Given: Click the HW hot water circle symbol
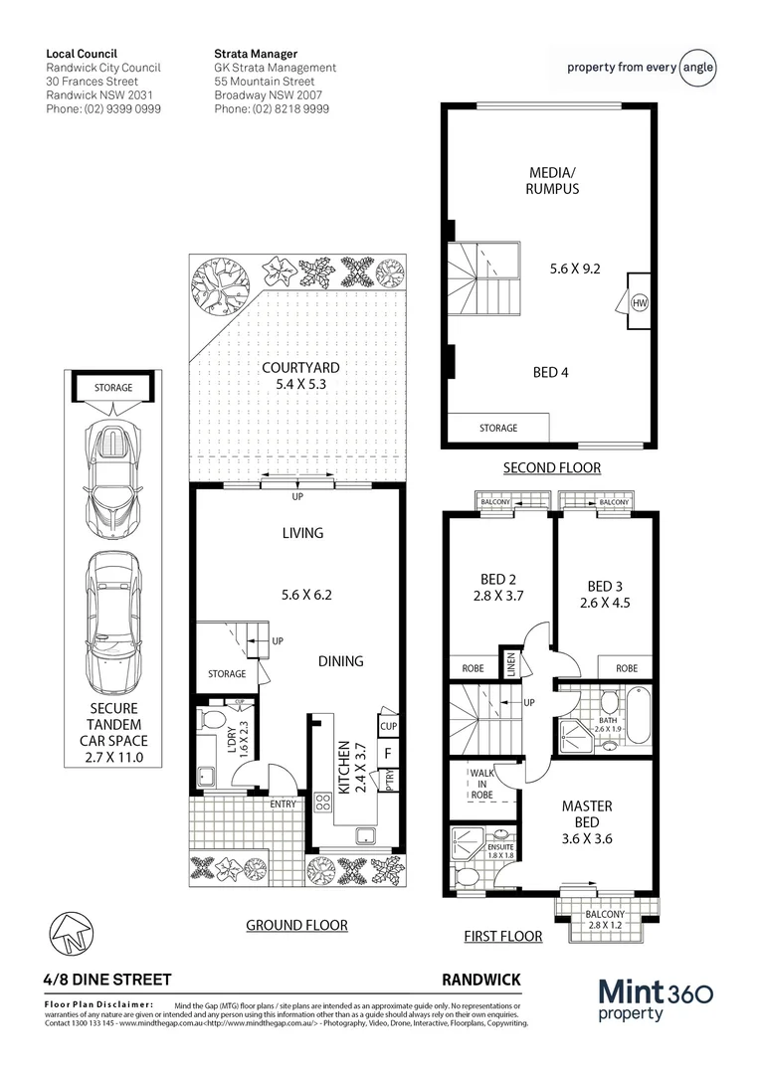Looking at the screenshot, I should click(x=639, y=302).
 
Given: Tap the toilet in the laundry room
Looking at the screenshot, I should click(x=213, y=718).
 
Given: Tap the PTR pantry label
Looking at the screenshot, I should click(x=390, y=781).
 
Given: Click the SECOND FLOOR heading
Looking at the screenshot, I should click(x=551, y=467).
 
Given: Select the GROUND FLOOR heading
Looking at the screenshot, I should click(x=296, y=925).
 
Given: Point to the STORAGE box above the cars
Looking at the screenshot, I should click(x=113, y=388).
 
